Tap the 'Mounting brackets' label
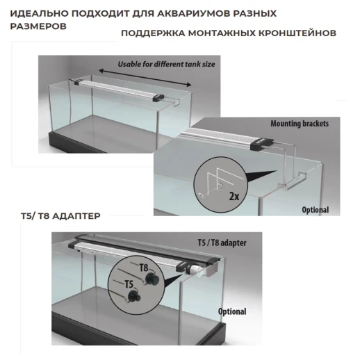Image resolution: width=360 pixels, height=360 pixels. pos(300,124)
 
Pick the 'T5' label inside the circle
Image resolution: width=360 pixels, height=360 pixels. pos(129,284)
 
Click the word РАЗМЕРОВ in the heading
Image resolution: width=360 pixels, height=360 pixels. pos(39,26)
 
